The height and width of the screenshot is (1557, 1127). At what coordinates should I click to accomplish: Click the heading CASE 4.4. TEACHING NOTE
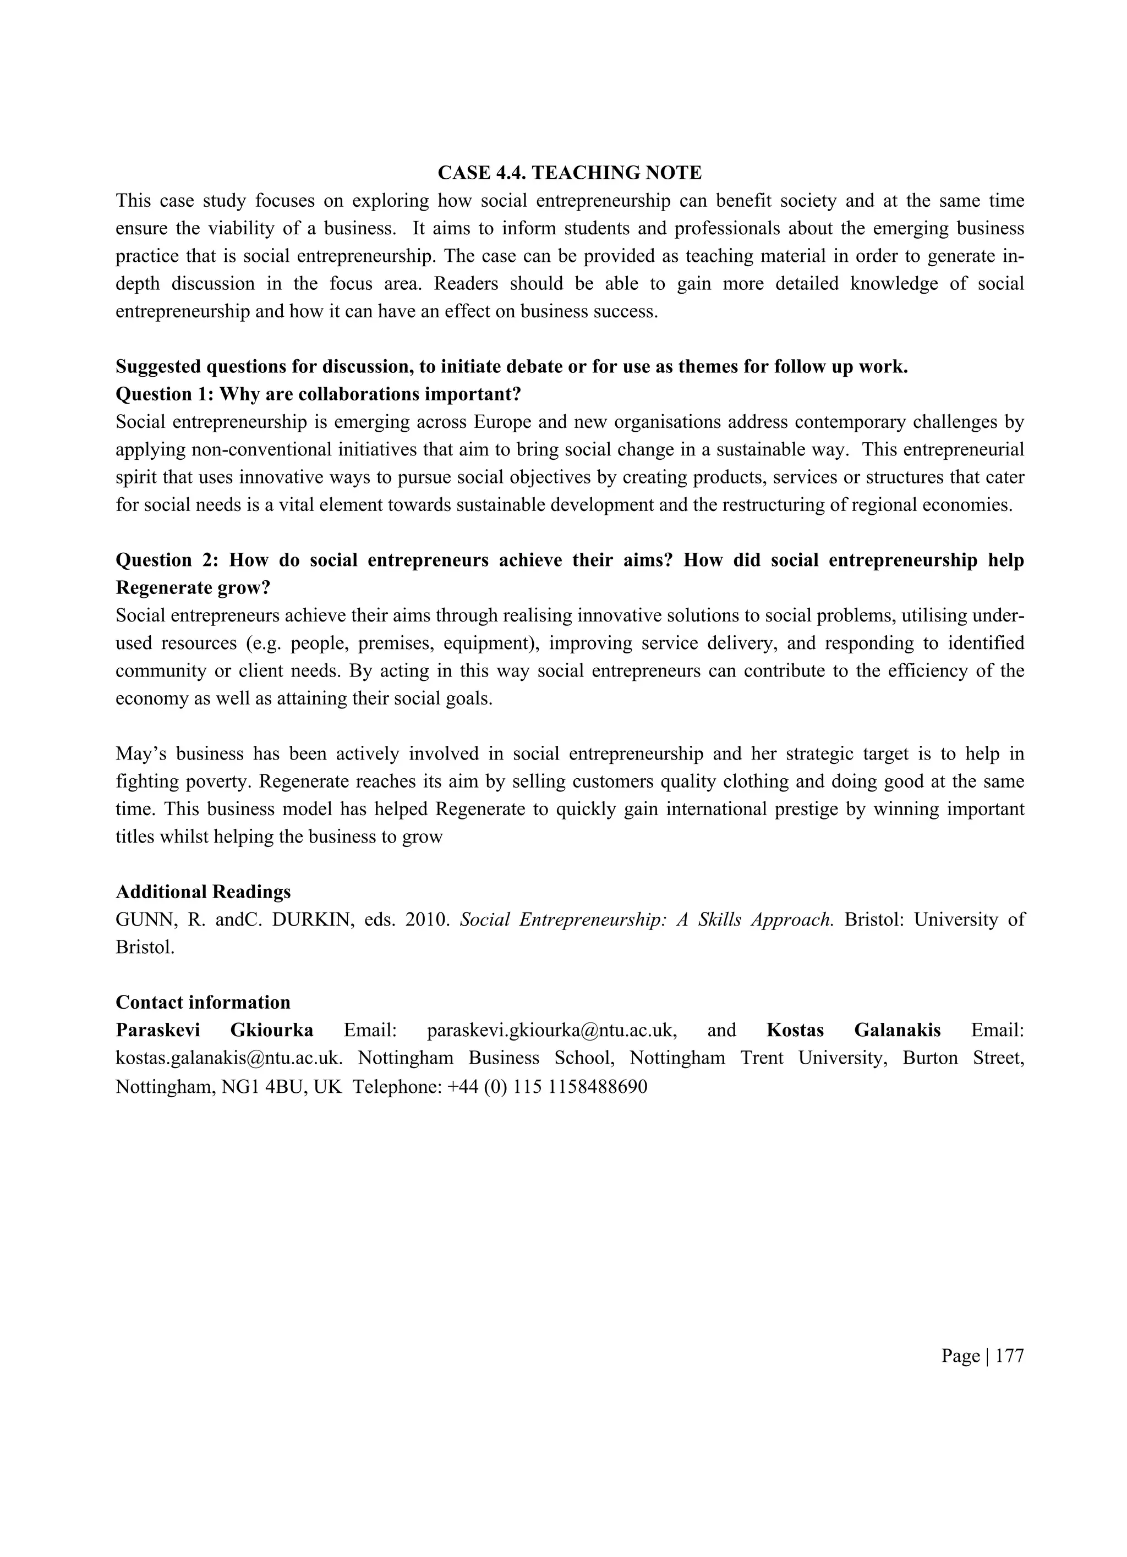pos(570,173)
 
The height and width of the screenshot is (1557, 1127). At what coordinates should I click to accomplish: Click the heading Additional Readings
pos(203,892)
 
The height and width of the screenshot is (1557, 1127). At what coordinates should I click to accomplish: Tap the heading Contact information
pos(203,1002)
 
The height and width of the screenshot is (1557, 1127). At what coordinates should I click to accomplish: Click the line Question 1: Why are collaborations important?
pos(319,394)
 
